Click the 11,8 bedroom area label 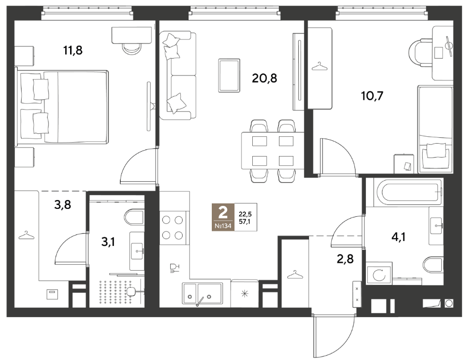click(x=73, y=50)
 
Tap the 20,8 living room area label click(x=265, y=78)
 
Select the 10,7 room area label click(x=372, y=96)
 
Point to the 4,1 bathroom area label click(x=398, y=238)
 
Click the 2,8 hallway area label click(x=346, y=259)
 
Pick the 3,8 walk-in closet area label click(x=63, y=205)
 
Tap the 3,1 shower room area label click(x=108, y=241)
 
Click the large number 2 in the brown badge click(x=223, y=213)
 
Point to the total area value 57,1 click(x=245, y=221)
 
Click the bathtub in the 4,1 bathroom click(x=404, y=192)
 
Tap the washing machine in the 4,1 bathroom click(x=379, y=273)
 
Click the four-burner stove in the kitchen click(x=172, y=228)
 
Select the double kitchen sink click(x=202, y=294)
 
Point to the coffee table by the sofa click(x=229, y=75)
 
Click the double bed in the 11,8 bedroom click(x=62, y=106)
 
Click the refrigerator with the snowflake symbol click(x=244, y=293)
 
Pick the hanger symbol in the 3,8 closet click(x=27, y=235)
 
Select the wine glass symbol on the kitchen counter click(x=174, y=268)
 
